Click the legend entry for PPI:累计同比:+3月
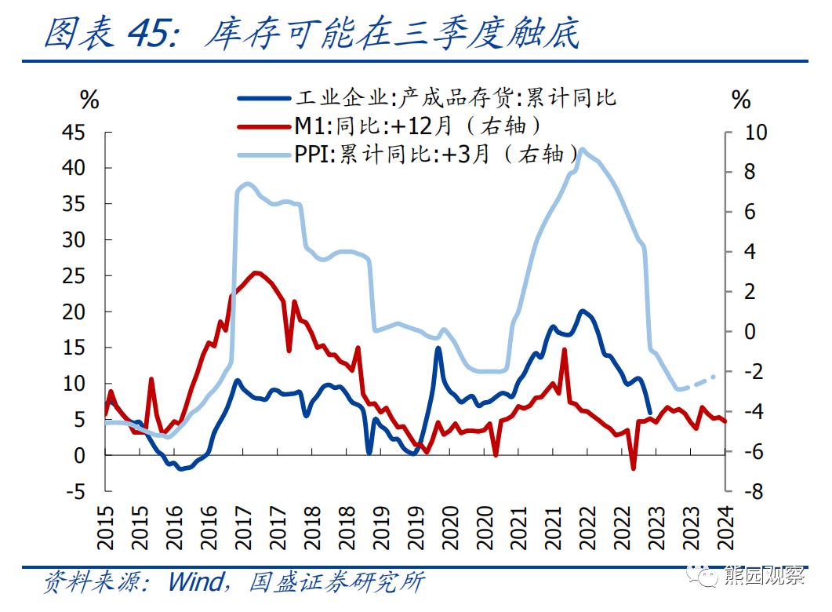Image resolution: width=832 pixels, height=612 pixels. tap(436, 153)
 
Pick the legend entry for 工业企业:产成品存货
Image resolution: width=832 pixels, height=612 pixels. tap(455, 97)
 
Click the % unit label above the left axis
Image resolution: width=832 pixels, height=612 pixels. tap(89, 100)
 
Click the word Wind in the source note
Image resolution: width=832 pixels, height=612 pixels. tap(199, 581)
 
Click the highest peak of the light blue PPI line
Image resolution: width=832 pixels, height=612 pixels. tap(581, 150)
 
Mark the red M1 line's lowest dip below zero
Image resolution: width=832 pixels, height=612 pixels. tap(633, 468)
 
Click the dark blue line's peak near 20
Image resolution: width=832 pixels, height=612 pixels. tap(582, 311)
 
